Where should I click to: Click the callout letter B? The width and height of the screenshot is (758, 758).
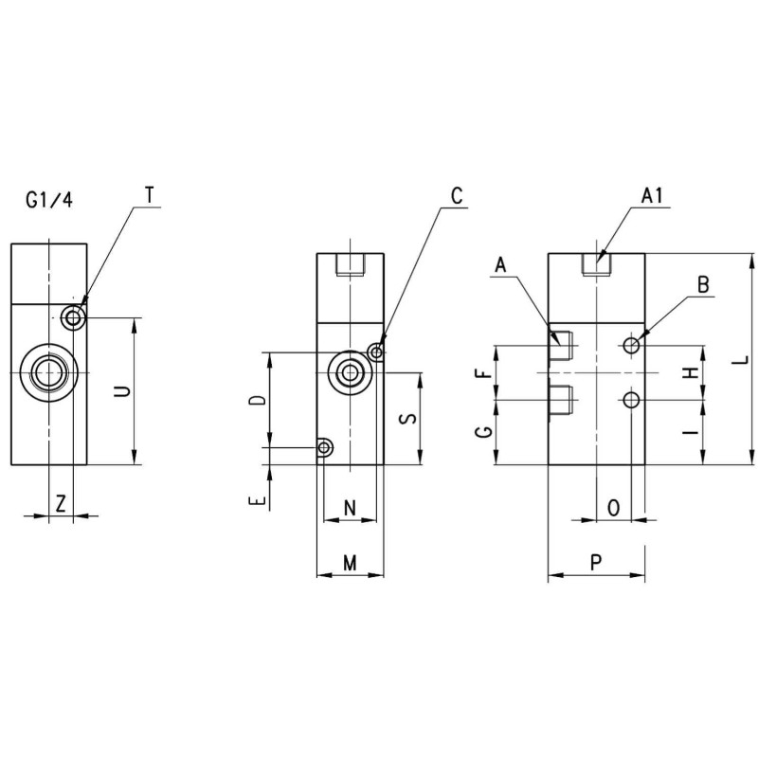point(703,284)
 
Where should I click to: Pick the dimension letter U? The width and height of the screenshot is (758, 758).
point(121,391)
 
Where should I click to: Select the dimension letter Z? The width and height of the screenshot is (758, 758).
point(61,504)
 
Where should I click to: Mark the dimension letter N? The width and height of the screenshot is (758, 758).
point(349,508)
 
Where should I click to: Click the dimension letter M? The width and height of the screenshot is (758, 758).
point(350,564)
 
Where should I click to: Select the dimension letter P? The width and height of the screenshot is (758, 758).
point(596,563)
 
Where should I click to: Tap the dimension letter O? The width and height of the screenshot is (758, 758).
point(613,508)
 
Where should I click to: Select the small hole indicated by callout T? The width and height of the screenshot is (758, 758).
point(73,316)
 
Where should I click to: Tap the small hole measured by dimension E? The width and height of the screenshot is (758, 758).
point(325,447)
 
